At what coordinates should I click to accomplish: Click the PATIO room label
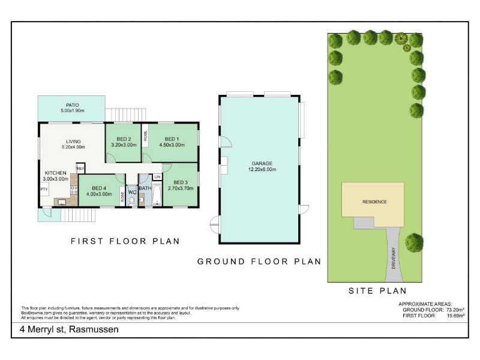click(72, 105)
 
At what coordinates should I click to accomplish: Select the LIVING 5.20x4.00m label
click(73, 144)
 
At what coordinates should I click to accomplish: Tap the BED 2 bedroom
click(123, 142)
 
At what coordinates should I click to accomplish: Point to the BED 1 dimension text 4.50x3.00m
click(172, 145)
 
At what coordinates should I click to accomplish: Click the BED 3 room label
click(181, 182)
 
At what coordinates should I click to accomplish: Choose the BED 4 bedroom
click(99, 190)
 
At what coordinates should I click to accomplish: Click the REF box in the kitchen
click(81, 169)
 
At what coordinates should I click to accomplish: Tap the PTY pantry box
click(44, 189)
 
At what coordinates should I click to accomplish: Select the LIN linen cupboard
click(157, 177)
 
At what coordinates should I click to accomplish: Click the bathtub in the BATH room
click(157, 194)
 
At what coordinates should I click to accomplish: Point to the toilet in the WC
click(132, 201)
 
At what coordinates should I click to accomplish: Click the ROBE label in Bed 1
click(145, 136)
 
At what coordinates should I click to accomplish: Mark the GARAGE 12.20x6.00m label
click(262, 166)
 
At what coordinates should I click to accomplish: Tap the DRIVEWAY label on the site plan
click(394, 258)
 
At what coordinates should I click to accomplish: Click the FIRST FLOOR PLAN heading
click(125, 241)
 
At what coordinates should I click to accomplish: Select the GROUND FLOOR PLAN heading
click(259, 262)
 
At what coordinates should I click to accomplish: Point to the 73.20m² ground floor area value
click(455, 310)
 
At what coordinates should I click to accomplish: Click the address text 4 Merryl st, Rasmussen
click(69, 329)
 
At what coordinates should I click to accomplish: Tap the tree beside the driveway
click(414, 243)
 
